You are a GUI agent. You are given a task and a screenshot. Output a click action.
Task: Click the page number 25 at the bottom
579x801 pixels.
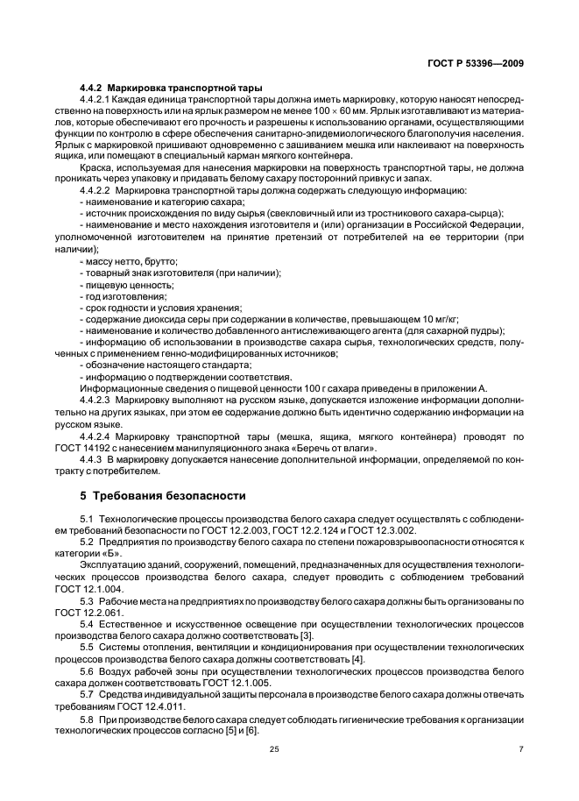(288, 748)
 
